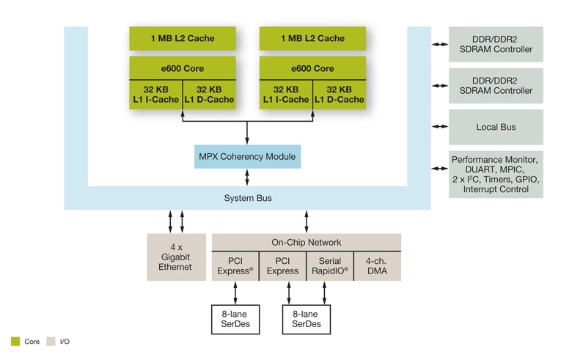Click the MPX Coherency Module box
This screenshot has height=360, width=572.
(x=246, y=157)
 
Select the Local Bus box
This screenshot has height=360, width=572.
(x=496, y=127)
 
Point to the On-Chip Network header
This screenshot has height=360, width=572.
(x=307, y=243)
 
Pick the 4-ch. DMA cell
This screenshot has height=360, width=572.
(x=378, y=265)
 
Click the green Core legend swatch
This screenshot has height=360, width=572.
(x=15, y=342)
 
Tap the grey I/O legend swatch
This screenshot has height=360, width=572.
(x=51, y=342)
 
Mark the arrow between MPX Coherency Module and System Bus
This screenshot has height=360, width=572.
(x=246, y=177)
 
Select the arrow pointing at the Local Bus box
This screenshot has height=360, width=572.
(x=439, y=127)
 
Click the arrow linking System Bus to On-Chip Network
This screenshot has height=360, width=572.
(x=307, y=221)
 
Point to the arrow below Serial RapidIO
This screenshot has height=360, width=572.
(x=325, y=292)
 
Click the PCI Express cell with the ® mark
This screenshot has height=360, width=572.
(x=235, y=265)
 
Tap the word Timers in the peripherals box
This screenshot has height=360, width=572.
(x=492, y=180)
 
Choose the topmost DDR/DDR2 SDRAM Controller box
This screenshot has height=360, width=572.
(x=496, y=44)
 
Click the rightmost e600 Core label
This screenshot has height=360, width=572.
(x=313, y=69)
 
